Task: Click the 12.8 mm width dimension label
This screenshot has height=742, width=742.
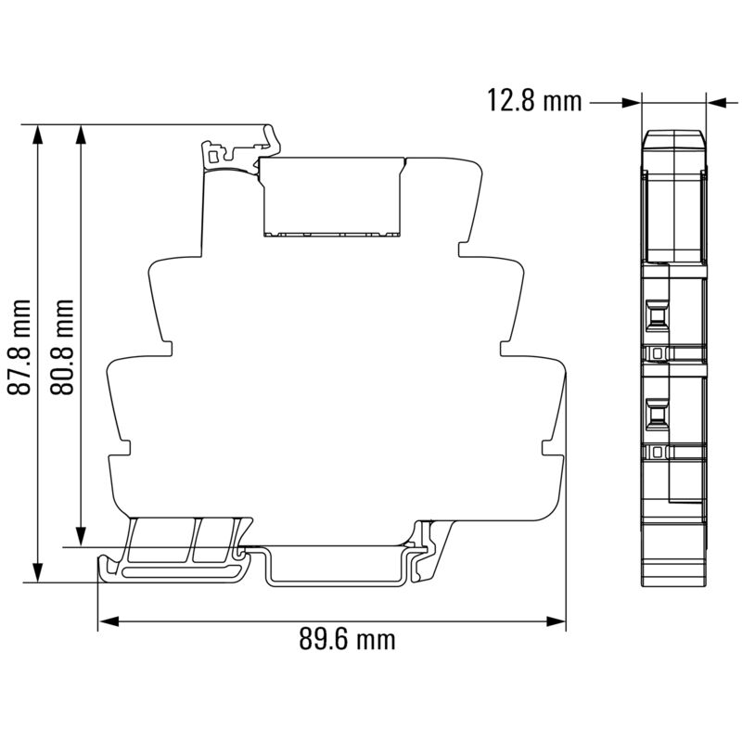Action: pos(534,101)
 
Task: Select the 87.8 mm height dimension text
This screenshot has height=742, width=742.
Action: pos(19,347)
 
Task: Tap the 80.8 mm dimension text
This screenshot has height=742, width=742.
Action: pos(62,347)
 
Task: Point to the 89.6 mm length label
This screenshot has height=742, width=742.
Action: pos(347,639)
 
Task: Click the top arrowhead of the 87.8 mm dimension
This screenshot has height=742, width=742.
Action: pos(38,134)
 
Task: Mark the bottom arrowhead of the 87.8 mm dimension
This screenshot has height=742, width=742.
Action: pos(38,572)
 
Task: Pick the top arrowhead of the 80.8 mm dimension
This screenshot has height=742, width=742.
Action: pos(81,134)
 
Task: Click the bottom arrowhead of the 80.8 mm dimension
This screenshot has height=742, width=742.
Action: pos(81,538)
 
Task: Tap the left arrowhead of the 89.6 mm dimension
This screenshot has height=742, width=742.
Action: pos(108,621)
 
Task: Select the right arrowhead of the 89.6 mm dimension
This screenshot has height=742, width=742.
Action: pos(556,621)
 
